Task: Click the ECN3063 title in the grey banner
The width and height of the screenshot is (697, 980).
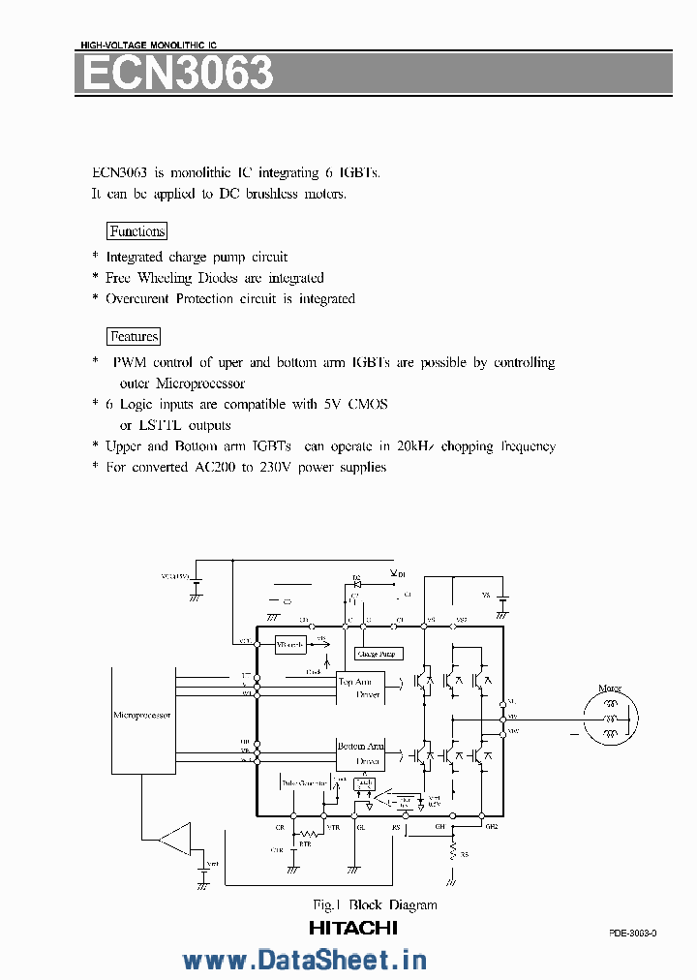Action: pos(177,74)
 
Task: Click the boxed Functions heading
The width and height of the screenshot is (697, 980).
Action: pos(136,231)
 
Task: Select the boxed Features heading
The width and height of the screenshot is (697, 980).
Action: pos(134,337)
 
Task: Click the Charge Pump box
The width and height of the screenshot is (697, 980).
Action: pos(377,654)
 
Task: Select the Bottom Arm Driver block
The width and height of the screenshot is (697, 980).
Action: pos(359,754)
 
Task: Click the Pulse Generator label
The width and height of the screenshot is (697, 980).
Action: pos(304,782)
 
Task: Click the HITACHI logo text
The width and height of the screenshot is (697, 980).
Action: pos(353,928)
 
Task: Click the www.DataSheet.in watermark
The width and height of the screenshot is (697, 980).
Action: pos(304,960)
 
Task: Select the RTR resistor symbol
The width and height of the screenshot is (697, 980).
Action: pos(308,834)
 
